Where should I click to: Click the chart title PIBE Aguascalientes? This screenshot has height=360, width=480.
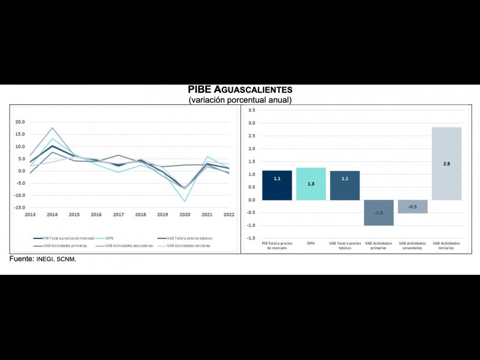click(x=240, y=90)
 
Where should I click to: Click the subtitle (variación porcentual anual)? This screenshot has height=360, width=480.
click(x=240, y=100)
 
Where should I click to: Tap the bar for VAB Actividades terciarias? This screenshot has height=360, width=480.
click(x=446, y=163)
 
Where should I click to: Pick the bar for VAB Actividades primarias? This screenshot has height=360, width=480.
click(x=379, y=212)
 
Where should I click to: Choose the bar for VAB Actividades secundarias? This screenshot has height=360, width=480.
click(x=413, y=206)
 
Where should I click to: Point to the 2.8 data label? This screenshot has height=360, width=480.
click(x=446, y=164)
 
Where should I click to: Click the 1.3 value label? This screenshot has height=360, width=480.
click(x=311, y=184)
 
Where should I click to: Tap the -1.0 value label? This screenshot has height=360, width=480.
click(x=379, y=213)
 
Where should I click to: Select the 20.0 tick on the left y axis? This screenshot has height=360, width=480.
click(x=20, y=122)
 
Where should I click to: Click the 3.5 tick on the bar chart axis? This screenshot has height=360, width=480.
click(x=251, y=110)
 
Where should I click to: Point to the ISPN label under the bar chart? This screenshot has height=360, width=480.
click(x=311, y=244)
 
